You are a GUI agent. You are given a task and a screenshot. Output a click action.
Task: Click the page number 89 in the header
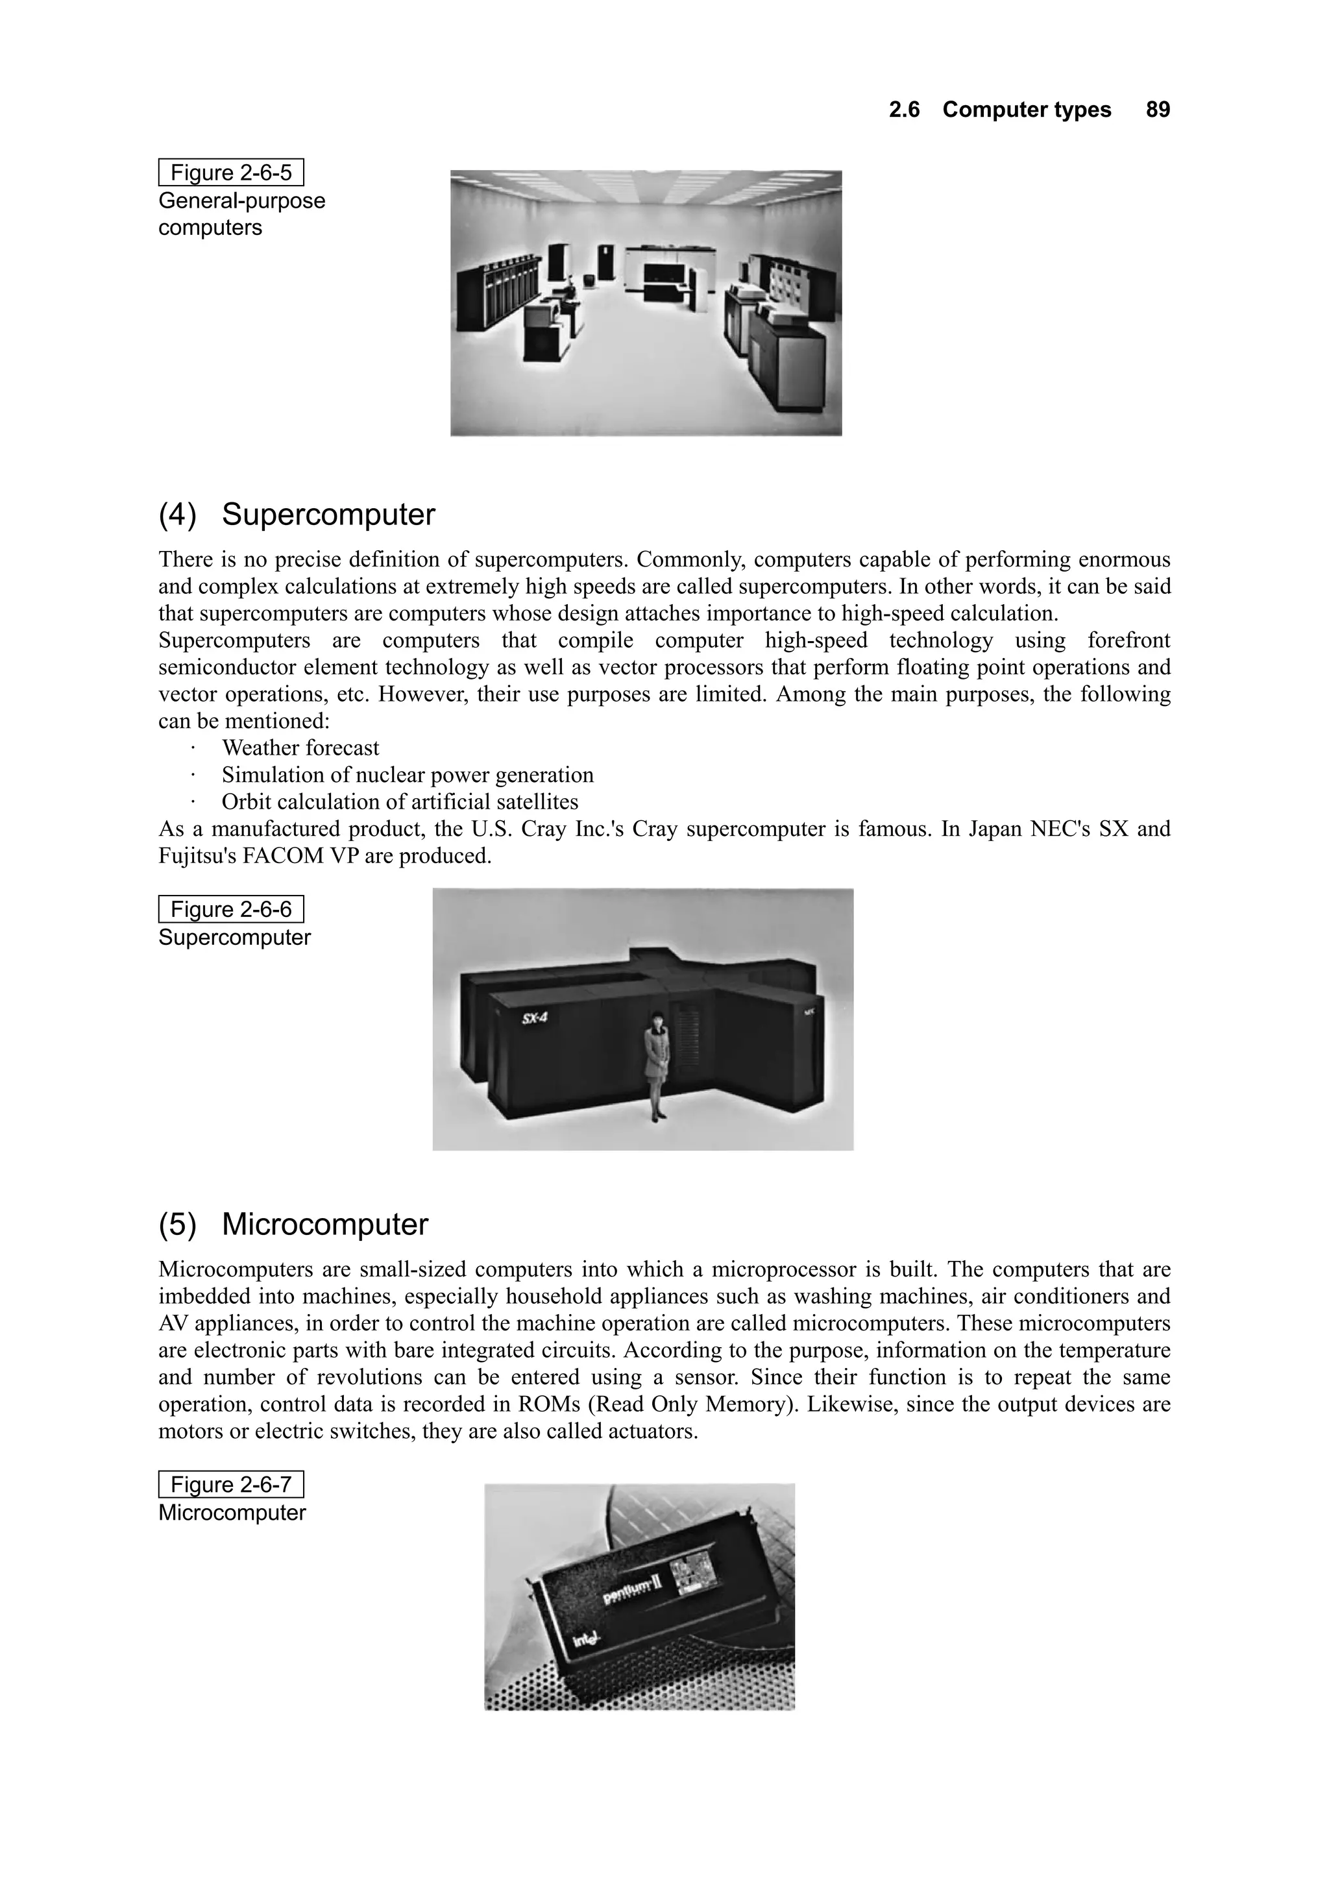click(x=1157, y=110)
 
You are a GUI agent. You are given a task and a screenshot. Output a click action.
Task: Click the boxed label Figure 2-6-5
click(x=230, y=173)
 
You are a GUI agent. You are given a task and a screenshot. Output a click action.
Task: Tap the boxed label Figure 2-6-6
click(x=230, y=910)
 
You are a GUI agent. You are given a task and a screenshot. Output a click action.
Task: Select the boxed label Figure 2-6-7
click(x=230, y=1485)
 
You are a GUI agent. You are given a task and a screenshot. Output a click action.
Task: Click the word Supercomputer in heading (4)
click(x=328, y=515)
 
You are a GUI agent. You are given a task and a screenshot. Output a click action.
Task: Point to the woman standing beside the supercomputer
click(x=657, y=1064)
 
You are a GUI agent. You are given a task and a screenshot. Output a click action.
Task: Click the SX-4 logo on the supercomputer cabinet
click(x=534, y=1019)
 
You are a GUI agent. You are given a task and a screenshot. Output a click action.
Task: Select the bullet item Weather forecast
click(x=300, y=748)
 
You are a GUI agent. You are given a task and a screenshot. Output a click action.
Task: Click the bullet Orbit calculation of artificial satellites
click(x=400, y=801)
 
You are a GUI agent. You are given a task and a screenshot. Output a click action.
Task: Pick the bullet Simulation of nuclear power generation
click(x=407, y=775)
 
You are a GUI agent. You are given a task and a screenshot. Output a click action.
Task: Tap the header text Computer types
click(x=1026, y=110)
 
